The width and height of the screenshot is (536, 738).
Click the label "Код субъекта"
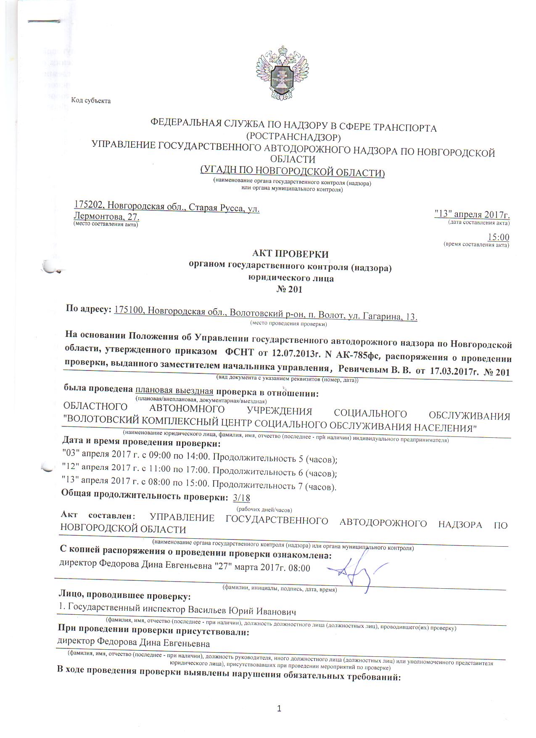91,101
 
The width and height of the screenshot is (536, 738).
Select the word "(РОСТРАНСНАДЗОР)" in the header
293,137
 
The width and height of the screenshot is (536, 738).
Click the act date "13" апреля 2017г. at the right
472,214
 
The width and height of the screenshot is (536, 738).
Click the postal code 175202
89,205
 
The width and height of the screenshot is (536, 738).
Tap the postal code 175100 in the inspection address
128,311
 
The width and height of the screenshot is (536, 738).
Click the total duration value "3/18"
241,498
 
